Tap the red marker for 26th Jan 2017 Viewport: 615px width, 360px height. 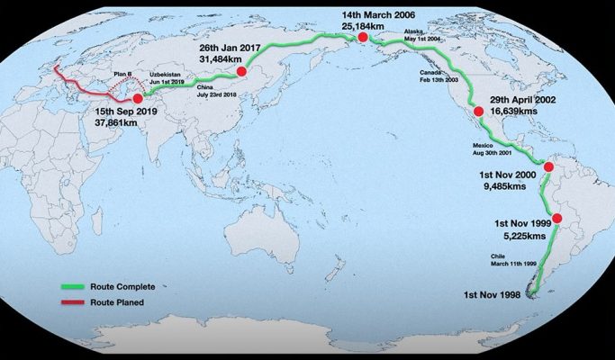coord(241,70)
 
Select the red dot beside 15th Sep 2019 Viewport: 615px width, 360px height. coord(137,99)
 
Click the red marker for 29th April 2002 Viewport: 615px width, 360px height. coord(478,112)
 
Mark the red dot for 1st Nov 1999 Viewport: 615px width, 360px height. coord(556,219)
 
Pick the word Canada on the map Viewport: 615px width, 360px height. coord(431,71)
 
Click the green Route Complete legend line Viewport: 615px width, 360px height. coord(73,285)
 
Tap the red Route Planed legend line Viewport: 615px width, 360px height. coord(73,302)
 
